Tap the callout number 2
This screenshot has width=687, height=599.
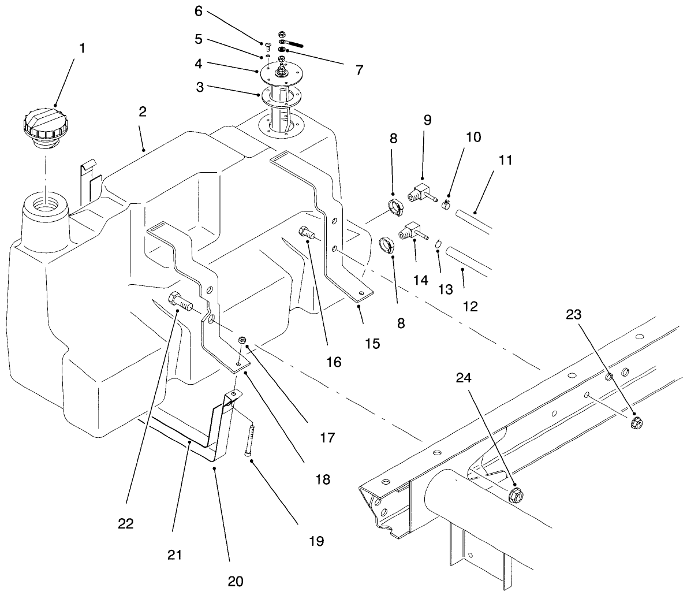tap(142, 111)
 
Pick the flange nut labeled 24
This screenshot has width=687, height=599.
tap(516, 495)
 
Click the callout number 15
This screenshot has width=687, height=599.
tap(372, 344)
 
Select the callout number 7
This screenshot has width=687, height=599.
tap(359, 70)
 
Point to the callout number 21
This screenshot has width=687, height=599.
tap(175, 555)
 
